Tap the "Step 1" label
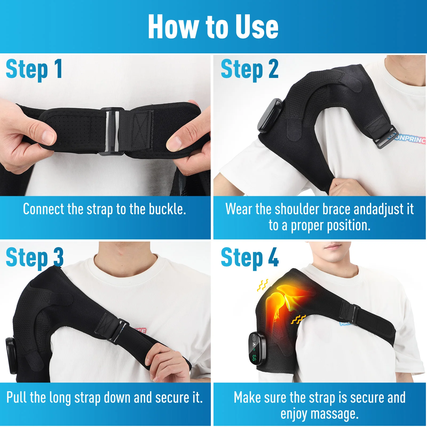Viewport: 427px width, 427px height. [34, 69]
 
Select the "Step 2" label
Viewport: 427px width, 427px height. [250, 69]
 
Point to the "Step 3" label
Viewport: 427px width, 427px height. [35, 258]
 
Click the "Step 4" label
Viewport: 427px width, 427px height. [250, 258]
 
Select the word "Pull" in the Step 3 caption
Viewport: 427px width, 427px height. [16, 397]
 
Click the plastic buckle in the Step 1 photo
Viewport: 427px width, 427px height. [112, 131]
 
